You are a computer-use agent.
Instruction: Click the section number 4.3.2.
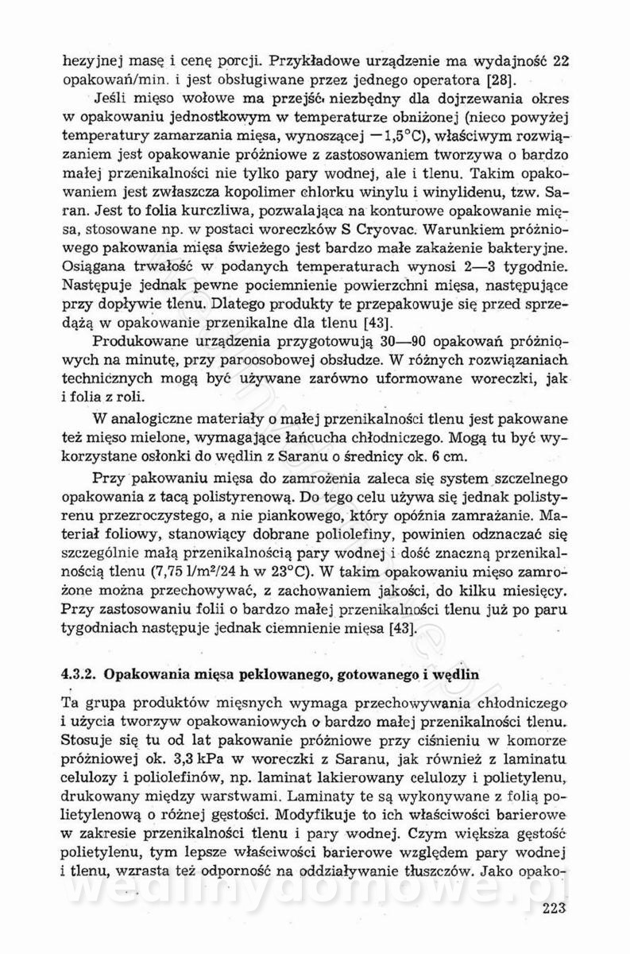(x=80, y=673)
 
